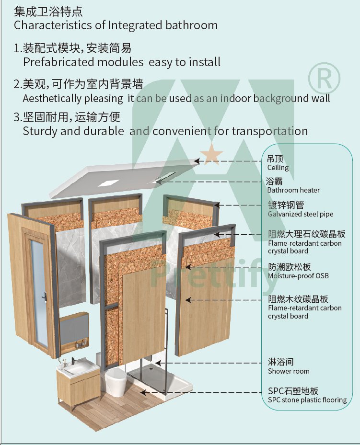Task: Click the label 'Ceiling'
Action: pyautogui.click(x=278, y=168)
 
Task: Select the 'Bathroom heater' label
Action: pyautogui.click(x=293, y=190)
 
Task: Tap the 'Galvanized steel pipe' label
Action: pyautogui.click(x=301, y=214)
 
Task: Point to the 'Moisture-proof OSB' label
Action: pyautogui.click(x=298, y=276)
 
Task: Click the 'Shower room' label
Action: pyautogui.click(x=289, y=371)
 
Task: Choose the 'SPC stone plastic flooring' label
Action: pyautogui.click(x=307, y=400)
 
